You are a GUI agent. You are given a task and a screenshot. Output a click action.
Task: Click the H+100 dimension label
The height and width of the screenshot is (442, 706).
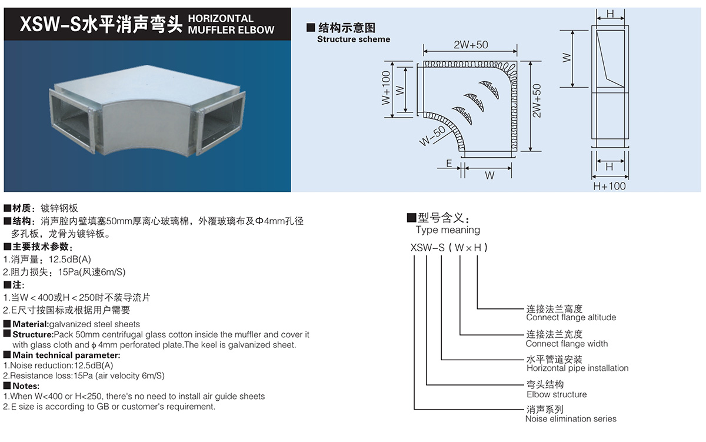point(609,186)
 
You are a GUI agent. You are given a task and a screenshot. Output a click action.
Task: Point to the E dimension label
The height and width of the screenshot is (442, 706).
point(449,164)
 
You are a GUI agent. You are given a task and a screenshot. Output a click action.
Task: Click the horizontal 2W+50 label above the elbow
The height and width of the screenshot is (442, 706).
point(471,45)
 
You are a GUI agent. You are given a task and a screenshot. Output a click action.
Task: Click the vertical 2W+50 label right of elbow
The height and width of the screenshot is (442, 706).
point(537,100)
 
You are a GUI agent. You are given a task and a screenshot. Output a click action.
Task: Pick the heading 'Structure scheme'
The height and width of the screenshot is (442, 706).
point(353,39)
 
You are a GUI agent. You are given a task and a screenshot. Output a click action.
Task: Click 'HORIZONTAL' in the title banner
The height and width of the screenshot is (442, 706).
point(221,18)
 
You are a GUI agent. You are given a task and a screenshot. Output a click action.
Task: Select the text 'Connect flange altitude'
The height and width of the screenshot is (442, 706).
point(571,318)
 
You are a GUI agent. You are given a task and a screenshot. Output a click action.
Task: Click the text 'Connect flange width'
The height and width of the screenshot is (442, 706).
point(567,344)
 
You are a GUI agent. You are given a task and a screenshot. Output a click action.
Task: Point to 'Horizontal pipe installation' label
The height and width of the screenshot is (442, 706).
point(577,368)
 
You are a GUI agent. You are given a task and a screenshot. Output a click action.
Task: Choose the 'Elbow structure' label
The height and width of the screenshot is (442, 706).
point(557,394)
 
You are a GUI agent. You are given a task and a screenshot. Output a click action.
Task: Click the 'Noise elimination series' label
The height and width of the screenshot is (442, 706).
point(571,419)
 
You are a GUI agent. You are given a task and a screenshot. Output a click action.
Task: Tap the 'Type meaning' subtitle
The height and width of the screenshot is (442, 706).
point(448,230)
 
